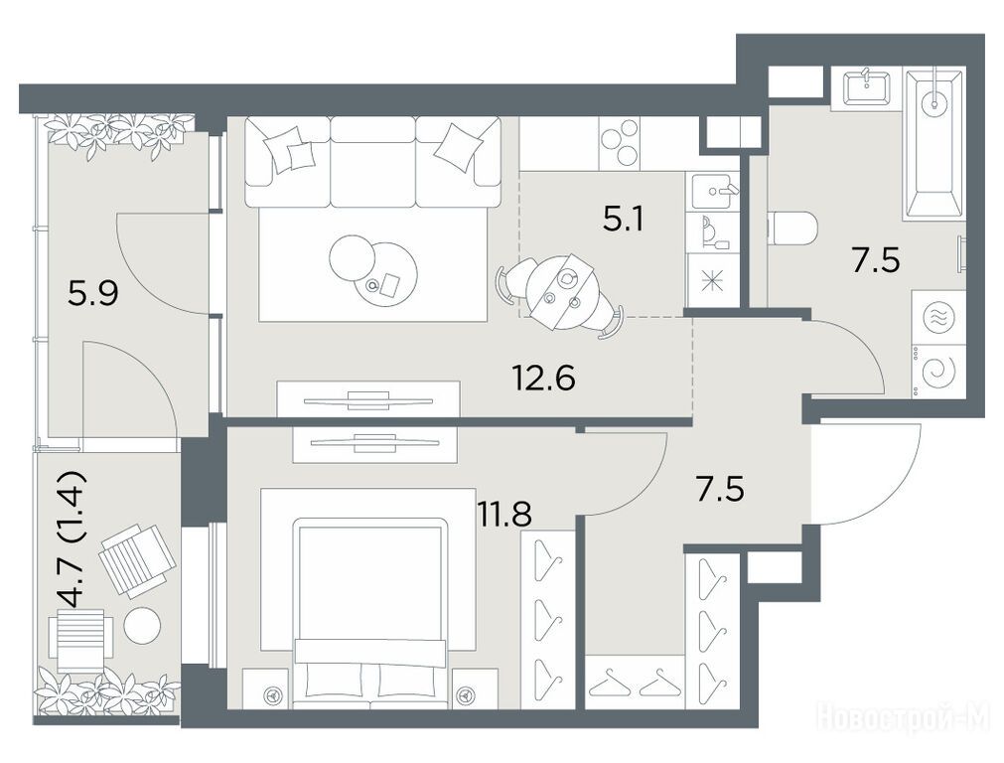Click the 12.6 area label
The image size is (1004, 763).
[543, 378]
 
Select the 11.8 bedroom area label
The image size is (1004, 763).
[504, 515]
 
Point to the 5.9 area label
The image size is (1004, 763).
[92, 295]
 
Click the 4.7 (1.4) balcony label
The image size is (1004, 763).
[71, 538]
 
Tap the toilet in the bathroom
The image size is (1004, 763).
[792, 229]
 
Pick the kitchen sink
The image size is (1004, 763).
[713, 191]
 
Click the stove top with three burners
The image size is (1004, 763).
[619, 144]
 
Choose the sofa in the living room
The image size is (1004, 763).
[373, 161]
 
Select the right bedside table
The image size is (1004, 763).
[475, 688]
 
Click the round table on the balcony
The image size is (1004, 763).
[143, 625]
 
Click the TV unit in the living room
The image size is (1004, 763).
[368, 399]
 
